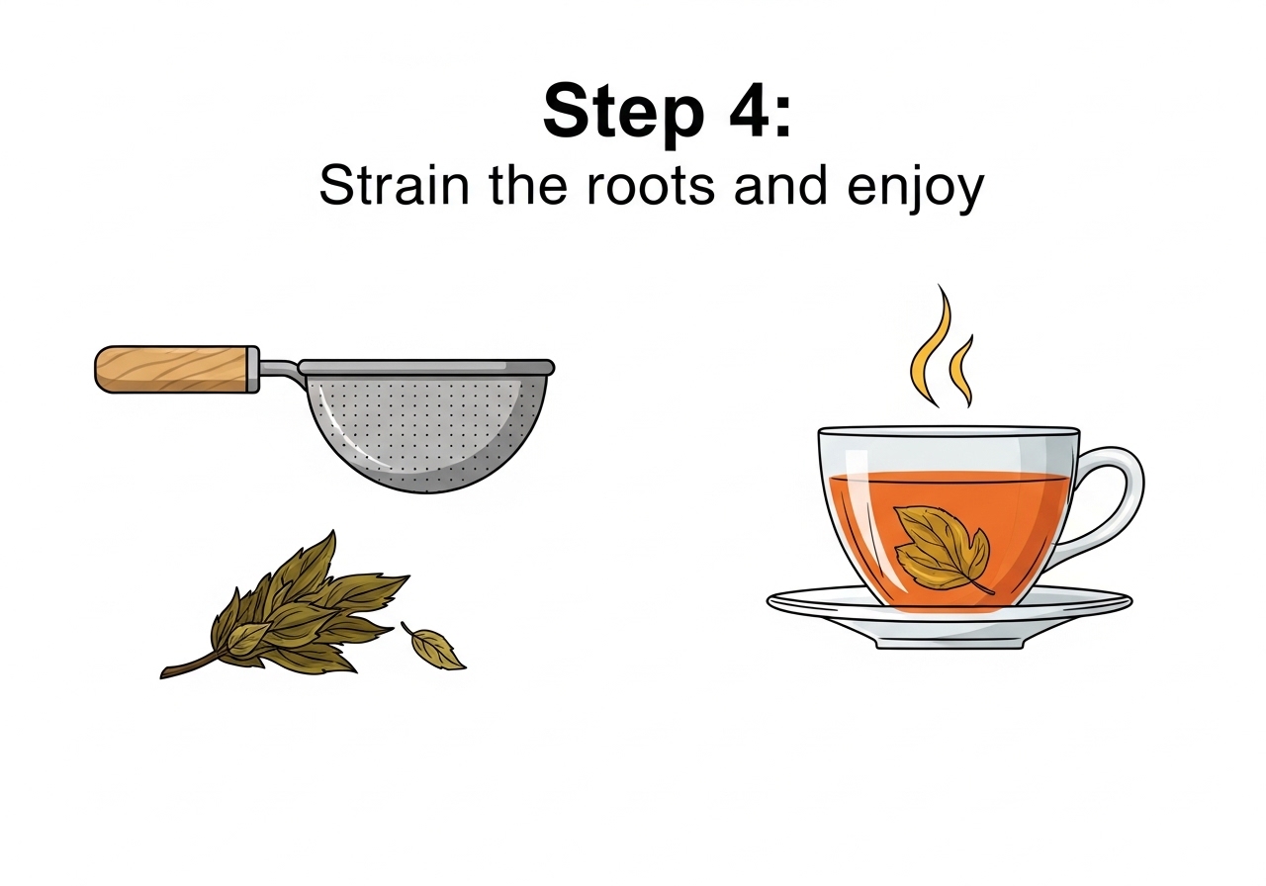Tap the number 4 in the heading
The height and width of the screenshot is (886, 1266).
click(750, 110)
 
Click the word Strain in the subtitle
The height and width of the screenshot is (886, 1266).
click(394, 185)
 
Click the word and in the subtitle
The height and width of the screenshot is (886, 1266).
click(780, 185)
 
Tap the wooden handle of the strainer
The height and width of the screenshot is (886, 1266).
click(171, 370)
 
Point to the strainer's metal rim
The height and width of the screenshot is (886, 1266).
click(426, 367)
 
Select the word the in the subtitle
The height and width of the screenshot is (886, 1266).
click(528, 185)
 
